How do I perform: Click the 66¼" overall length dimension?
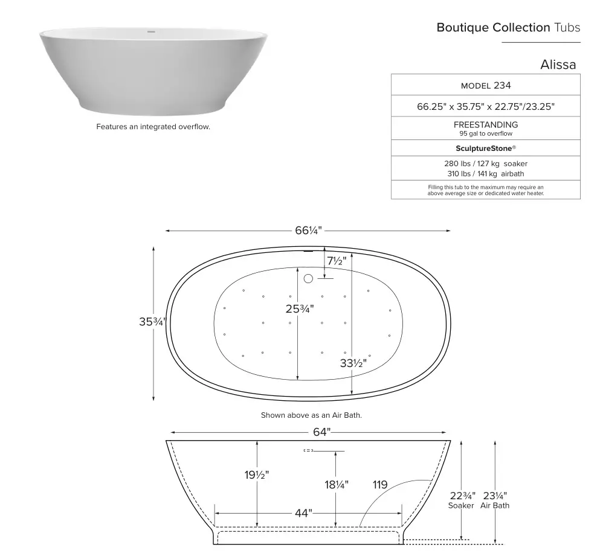tap(308, 231)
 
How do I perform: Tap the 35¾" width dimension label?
tap(152, 322)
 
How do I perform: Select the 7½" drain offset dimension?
tap(337, 261)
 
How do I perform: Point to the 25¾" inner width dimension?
tap(300, 309)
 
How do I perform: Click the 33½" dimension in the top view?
tap(353, 363)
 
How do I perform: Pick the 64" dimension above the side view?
tap(321, 432)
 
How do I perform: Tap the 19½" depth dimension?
tap(257, 475)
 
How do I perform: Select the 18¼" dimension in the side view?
tap(336, 485)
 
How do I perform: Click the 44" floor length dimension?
tap(303, 513)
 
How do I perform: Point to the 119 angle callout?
tap(380, 485)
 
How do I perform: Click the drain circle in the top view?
tap(308, 278)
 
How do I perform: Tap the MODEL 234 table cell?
tap(485, 85)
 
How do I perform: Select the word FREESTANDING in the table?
tap(485, 124)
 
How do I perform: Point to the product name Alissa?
tap(558, 65)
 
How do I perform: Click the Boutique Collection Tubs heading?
tap(508, 28)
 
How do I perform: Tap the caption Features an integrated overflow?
tap(153, 127)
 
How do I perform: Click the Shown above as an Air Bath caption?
tap(311, 415)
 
